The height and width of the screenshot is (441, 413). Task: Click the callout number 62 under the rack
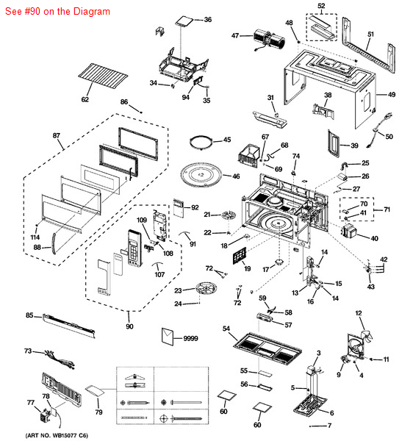point(85,99)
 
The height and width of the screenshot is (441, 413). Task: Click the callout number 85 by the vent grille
point(29,316)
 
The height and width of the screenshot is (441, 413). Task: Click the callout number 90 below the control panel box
point(130,326)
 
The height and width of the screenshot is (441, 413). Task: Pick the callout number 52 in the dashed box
point(321,6)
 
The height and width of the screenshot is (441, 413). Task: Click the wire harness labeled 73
point(55,360)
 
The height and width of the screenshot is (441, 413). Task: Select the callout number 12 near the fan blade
point(359,314)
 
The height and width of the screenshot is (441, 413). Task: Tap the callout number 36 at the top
point(207,19)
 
